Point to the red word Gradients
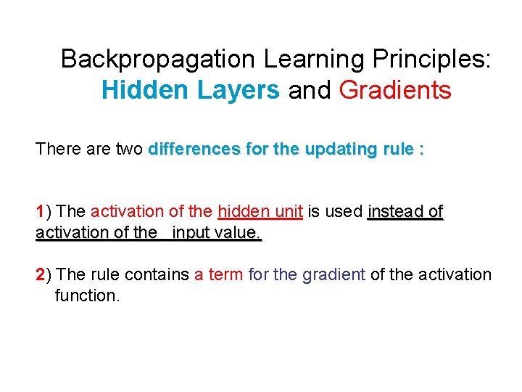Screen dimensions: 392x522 [x=395, y=90]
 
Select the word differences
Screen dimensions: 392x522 [x=187, y=150]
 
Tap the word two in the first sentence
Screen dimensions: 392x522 [x=128, y=150]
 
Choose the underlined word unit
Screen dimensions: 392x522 [x=288, y=212]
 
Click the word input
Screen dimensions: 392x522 [x=191, y=233]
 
